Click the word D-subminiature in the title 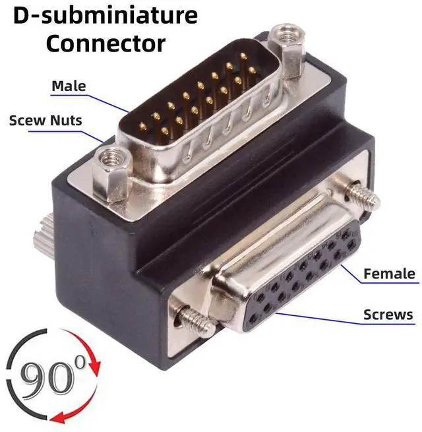point(105,15)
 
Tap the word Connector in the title point(105,44)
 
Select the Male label point(69,86)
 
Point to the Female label point(389,274)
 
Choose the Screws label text point(388,315)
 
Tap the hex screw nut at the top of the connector point(286,49)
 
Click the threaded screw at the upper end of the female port point(362,195)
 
